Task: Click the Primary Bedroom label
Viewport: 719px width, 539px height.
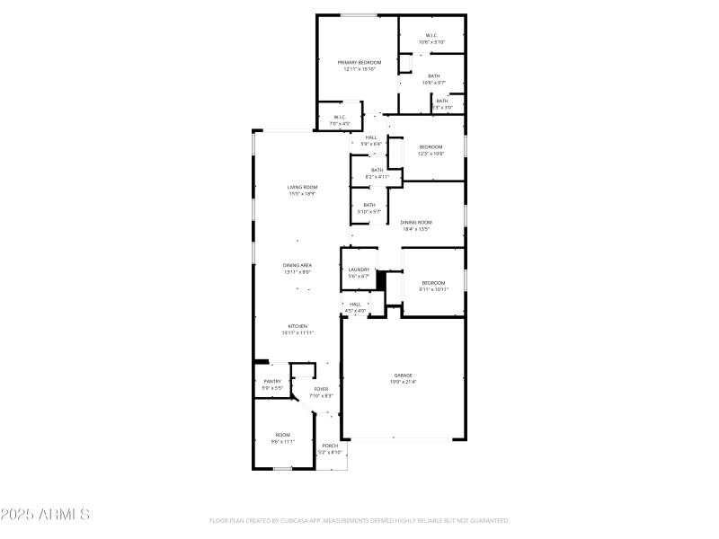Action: pyautogui.click(x=359, y=66)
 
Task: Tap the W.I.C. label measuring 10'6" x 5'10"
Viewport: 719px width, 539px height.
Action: pyautogui.click(x=431, y=39)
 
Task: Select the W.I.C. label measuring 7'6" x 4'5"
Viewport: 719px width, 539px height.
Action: pyautogui.click(x=341, y=120)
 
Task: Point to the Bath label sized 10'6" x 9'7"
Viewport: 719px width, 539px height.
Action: pyautogui.click(x=434, y=79)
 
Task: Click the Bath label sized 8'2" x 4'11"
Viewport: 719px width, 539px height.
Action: pyautogui.click(x=377, y=173)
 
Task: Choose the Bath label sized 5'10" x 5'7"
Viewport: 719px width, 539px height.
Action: pyautogui.click(x=369, y=208)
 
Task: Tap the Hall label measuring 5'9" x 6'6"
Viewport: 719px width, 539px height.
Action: pyautogui.click(x=371, y=140)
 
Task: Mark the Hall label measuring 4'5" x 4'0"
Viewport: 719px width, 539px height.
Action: pyautogui.click(x=355, y=307)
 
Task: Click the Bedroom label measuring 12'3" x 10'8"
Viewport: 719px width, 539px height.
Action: pyautogui.click(x=431, y=150)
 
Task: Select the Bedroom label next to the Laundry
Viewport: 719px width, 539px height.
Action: pyautogui.click(x=434, y=287)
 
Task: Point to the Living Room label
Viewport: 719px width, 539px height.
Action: pyautogui.click(x=303, y=190)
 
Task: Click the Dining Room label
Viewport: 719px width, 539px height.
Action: pyautogui.click(x=416, y=225)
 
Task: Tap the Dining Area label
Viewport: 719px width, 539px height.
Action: pyautogui.click(x=297, y=269)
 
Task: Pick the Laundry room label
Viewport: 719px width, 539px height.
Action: pyautogui.click(x=359, y=273)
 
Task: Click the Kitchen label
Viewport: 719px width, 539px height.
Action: pyautogui.click(x=297, y=329)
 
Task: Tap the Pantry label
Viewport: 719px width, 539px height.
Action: pyautogui.click(x=272, y=384)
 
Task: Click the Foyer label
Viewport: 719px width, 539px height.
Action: pyautogui.click(x=322, y=392)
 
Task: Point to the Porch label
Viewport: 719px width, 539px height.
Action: pyautogui.click(x=331, y=448)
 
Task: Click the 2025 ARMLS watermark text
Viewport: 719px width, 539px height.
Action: pyautogui.click(x=45, y=515)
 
